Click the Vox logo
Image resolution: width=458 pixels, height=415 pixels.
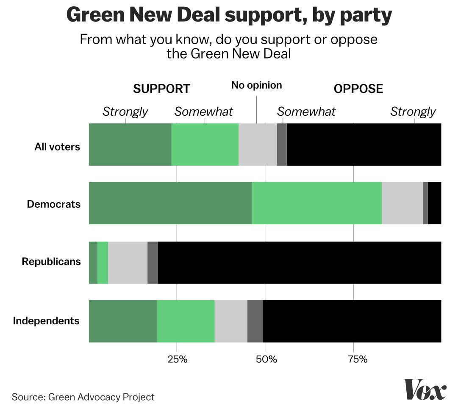click(x=425, y=389)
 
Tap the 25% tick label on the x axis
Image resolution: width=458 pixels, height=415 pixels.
click(x=177, y=360)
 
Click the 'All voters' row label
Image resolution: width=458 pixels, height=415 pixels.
click(x=57, y=147)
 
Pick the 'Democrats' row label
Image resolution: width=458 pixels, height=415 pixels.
click(x=53, y=204)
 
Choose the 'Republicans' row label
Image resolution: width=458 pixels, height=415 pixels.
click(x=51, y=262)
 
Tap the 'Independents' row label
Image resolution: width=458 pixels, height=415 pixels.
click(x=46, y=320)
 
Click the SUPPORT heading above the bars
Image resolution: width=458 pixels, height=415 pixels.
click(x=161, y=89)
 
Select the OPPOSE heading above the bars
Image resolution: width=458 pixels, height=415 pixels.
click(x=358, y=89)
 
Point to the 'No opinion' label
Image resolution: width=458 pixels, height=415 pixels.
click(x=256, y=85)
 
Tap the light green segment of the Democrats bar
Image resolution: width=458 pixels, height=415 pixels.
click(x=316, y=203)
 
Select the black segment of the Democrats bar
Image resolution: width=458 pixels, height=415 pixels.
click(x=434, y=203)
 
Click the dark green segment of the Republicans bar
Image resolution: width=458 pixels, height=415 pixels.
click(x=93, y=262)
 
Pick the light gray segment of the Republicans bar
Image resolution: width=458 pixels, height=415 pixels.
click(x=128, y=262)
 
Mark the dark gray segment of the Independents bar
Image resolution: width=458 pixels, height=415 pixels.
click(x=255, y=321)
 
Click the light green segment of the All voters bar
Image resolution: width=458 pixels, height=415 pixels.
click(x=205, y=145)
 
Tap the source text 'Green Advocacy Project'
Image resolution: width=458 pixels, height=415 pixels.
click(x=101, y=397)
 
